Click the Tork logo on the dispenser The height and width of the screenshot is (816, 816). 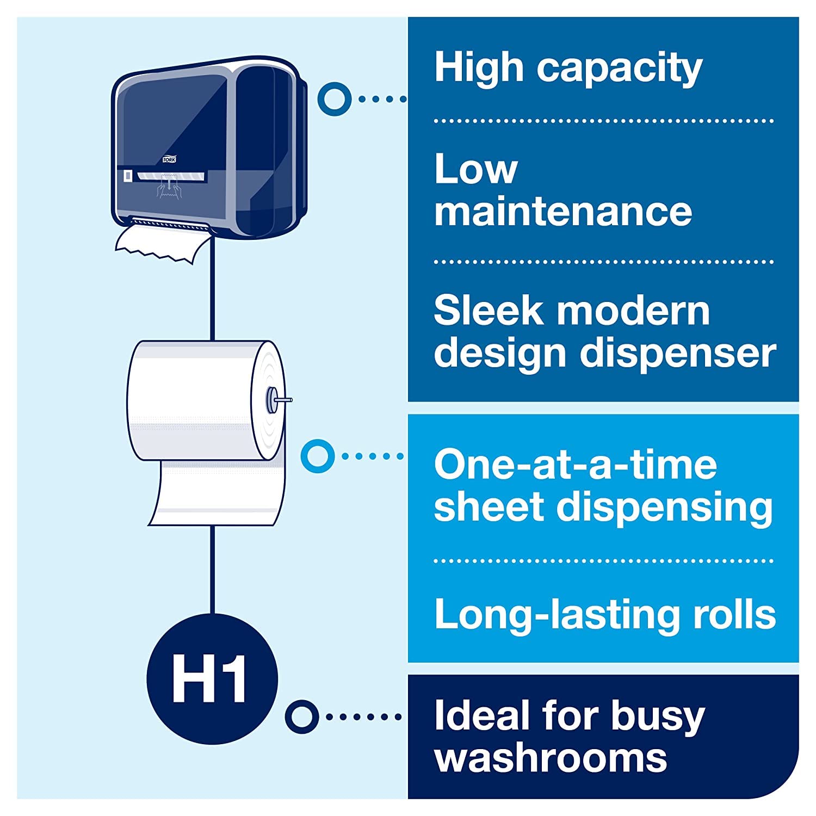(170, 159)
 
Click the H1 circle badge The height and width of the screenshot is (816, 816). (212, 678)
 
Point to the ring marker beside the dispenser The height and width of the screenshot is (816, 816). (334, 99)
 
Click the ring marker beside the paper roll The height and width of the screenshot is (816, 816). (317, 456)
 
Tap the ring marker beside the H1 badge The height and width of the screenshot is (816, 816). (302, 716)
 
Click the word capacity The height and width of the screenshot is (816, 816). (620, 70)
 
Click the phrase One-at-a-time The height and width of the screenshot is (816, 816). (575, 465)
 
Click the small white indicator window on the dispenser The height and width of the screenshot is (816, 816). (128, 176)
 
